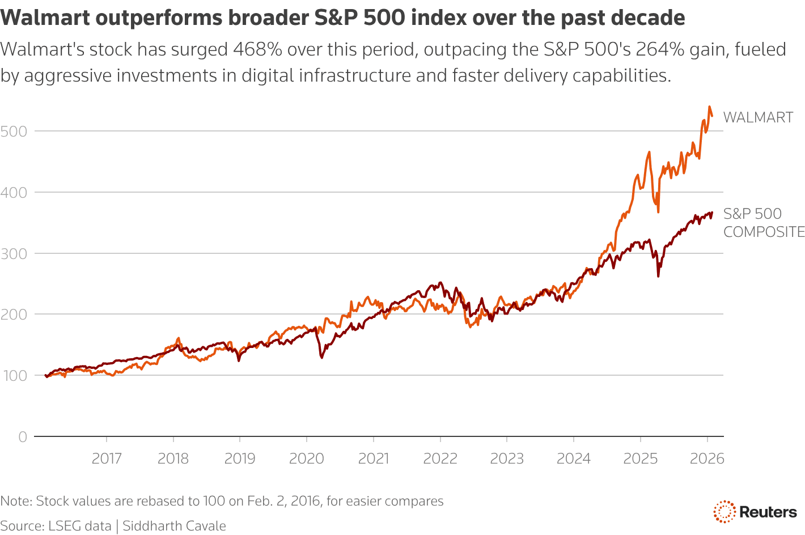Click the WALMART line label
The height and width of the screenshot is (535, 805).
(758, 117)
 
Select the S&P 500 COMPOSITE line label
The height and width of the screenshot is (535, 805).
(763, 223)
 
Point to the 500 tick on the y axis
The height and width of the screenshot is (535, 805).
(14, 131)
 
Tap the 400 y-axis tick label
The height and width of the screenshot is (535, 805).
(14, 193)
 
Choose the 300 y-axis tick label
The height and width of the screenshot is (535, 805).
(14, 253)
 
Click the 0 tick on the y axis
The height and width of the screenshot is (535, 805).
(23, 436)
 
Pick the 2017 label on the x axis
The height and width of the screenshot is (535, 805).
(107, 458)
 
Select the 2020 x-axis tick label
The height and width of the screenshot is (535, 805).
(307, 458)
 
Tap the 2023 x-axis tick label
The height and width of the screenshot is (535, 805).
(507, 458)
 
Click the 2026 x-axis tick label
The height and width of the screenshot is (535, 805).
(707, 458)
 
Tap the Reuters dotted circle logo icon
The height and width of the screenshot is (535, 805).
(724, 512)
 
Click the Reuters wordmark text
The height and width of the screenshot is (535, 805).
(768, 512)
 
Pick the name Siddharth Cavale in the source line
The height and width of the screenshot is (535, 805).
(174, 526)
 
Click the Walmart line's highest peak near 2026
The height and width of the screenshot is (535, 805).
(709, 107)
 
